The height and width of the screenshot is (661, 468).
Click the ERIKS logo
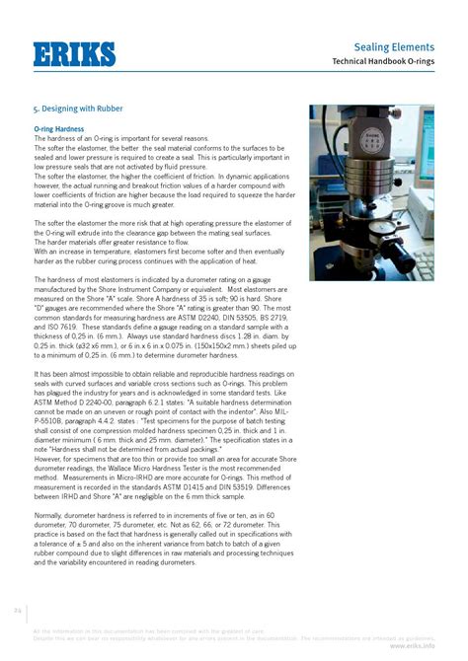tap(73, 54)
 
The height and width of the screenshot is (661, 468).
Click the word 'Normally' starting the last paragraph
tap(51, 515)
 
